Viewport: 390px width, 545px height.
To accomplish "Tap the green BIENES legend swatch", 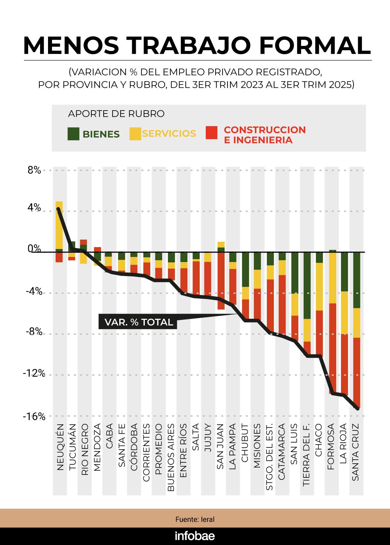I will click(73, 134).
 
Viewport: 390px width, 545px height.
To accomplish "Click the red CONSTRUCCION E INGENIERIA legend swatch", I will click(212, 133).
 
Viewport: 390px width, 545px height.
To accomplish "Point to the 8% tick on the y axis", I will click(34, 170).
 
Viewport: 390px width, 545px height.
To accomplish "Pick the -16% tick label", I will click(34, 417).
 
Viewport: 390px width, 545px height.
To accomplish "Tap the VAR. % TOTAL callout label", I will click(139, 322).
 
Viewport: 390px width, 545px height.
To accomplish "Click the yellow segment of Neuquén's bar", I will click(59, 224).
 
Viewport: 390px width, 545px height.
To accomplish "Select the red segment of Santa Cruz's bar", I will click(356, 372).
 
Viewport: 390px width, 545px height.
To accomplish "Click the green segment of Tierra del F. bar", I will click(307, 286).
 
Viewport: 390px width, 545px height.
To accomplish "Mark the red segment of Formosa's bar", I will click(332, 347).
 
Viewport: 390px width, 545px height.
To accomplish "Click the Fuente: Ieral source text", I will click(195, 519).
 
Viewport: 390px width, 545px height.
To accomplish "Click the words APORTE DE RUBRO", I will click(116, 114).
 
